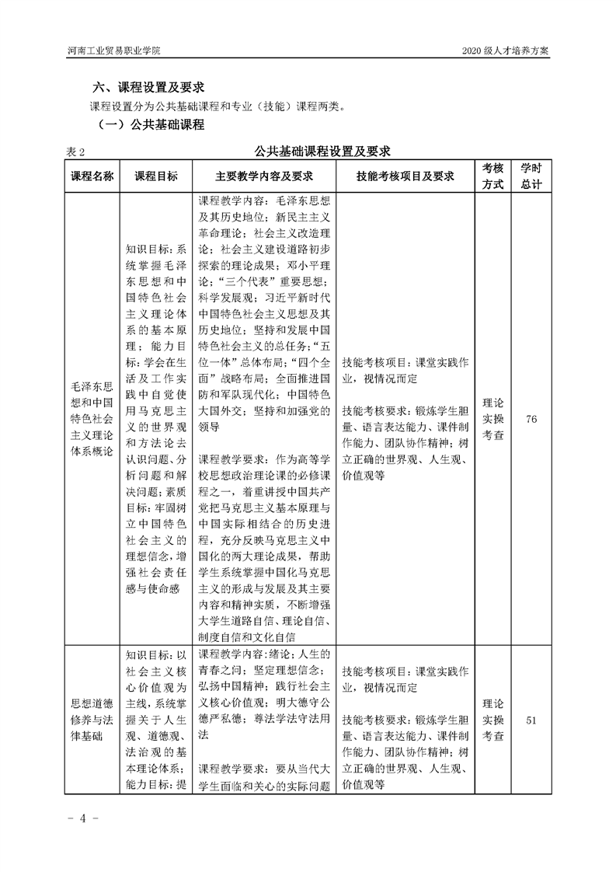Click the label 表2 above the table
click(x=75, y=151)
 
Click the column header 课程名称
click(x=92, y=176)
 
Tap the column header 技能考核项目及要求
click(x=405, y=176)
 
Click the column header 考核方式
click(x=492, y=176)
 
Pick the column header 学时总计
click(x=531, y=176)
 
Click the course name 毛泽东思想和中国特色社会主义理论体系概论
click(x=92, y=418)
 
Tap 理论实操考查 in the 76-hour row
click(x=492, y=419)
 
